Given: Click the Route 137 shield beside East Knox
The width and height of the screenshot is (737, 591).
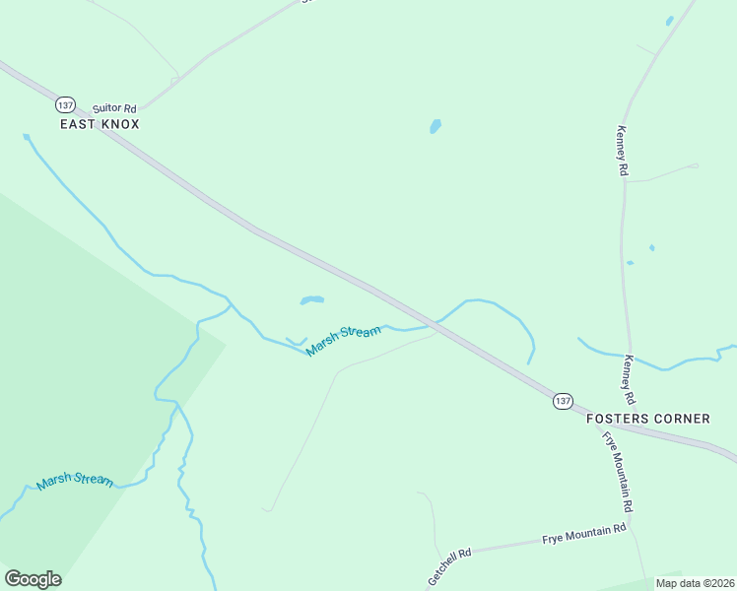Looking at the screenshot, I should (65, 104).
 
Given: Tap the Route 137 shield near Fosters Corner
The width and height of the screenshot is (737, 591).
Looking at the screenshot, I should (562, 400).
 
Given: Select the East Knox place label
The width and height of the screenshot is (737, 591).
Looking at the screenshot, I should (100, 124).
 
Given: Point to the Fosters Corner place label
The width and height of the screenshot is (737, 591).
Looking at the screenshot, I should (647, 419).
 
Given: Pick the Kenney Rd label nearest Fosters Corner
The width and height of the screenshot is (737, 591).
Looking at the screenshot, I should (628, 382).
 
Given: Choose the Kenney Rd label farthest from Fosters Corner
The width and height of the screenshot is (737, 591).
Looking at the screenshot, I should (622, 151).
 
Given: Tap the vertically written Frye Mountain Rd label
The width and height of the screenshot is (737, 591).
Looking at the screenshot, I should (618, 471).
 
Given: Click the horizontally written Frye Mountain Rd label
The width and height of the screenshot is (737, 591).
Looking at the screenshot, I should (584, 536).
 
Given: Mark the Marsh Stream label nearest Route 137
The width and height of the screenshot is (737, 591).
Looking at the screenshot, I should (343, 341).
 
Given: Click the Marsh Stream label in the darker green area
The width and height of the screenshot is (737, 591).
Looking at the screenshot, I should (75, 481).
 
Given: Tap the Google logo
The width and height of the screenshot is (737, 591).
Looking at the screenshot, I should (33, 578).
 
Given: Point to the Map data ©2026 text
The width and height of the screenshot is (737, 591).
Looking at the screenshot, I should (695, 583).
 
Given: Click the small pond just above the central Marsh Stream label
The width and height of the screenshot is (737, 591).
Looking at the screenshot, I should (311, 299).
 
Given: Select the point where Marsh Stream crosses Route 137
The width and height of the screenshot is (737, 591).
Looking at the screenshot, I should (435, 323).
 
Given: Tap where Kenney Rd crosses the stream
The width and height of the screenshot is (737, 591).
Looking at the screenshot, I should (627, 356).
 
